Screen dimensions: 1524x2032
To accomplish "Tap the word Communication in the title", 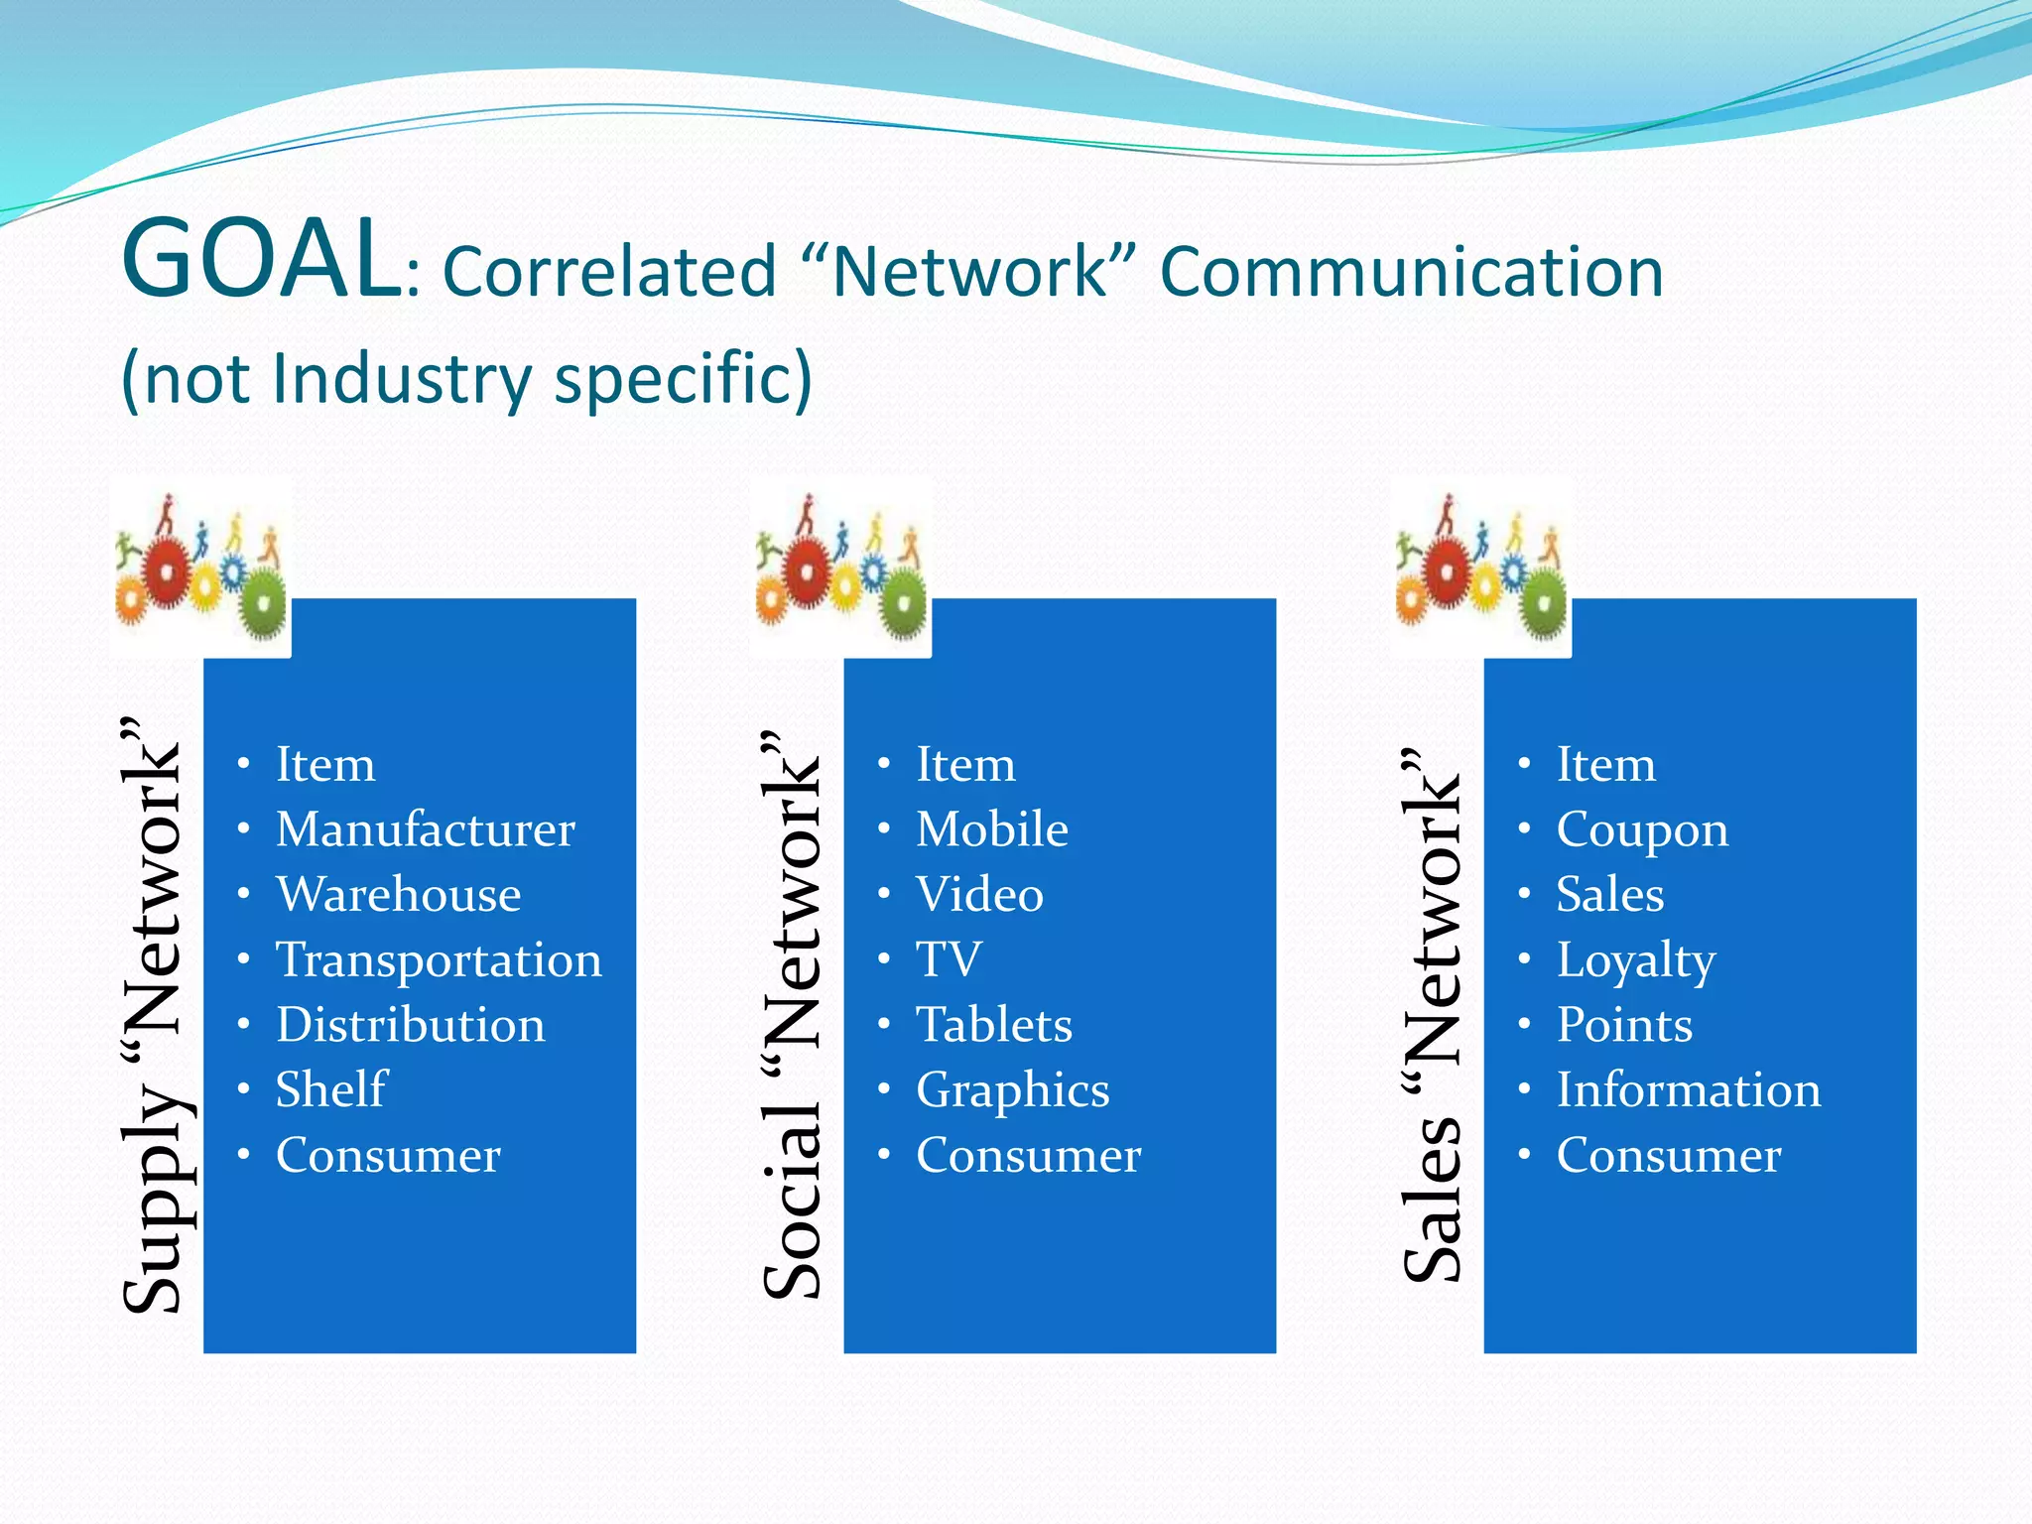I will (x=1411, y=273).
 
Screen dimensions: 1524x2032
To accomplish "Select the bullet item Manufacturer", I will (x=425, y=829).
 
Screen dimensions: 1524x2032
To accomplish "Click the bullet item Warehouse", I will (x=398, y=895).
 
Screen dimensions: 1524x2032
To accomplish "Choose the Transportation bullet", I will (x=439, y=960).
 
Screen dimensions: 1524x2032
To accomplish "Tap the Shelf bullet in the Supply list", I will (x=330, y=1089).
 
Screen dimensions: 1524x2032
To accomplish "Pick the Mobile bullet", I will (x=991, y=829).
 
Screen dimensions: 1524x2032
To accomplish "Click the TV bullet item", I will (x=949, y=959).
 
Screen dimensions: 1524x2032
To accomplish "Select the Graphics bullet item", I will (x=1012, y=1090).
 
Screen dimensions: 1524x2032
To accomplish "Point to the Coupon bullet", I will (x=1641, y=830).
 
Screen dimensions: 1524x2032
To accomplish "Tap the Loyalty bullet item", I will (x=1635, y=960).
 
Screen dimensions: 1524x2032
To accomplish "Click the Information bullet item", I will (x=1688, y=1089).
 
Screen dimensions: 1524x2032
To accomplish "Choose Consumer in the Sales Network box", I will (x=1668, y=1155).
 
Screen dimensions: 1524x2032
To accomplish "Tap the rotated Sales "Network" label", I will (x=1433, y=1015).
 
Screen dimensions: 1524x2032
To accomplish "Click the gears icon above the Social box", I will (x=840, y=568).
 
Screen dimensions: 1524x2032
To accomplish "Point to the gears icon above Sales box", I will (x=1480, y=568).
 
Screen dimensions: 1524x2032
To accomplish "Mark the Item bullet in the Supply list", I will (x=325, y=765).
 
